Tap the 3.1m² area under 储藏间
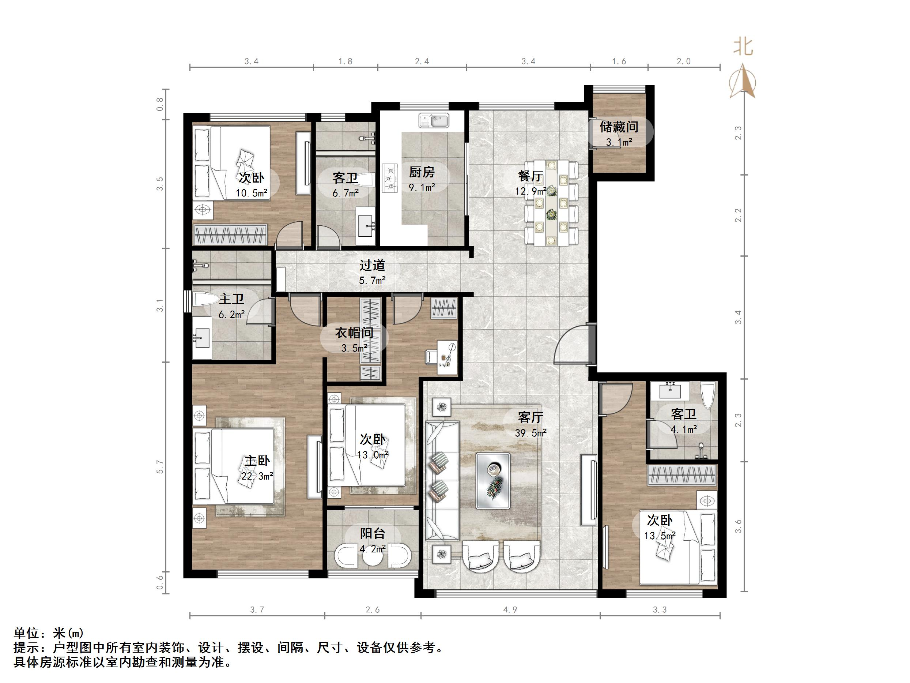[x=619, y=142]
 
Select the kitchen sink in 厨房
[x=434, y=121]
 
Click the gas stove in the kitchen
[x=390, y=178]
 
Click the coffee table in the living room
[x=493, y=480]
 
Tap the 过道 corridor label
[x=372, y=266]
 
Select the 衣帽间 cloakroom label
[x=354, y=333]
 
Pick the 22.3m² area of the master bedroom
[x=257, y=476]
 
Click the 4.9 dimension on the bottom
[x=510, y=610]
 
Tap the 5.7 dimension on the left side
[x=160, y=467]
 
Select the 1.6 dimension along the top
[x=619, y=61]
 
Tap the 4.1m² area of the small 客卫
[x=683, y=429]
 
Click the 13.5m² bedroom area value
[x=660, y=536]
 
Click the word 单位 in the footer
[x=26, y=633]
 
